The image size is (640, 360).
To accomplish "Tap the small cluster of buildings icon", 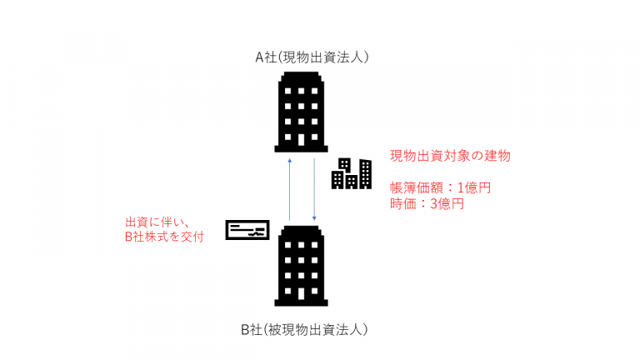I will pyautogui.click(x=351, y=172).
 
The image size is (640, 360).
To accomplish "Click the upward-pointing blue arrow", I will pyautogui.click(x=288, y=188).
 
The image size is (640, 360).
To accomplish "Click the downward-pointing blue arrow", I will pyautogui.click(x=313, y=188).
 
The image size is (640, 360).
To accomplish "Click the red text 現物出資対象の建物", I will pyautogui.click(x=450, y=156).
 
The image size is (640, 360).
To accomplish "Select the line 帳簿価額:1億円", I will pyautogui.click(x=440, y=187).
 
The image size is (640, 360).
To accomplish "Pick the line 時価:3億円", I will pyautogui.click(x=427, y=203).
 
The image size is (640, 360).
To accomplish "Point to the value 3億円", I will pyautogui.click(x=447, y=203).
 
